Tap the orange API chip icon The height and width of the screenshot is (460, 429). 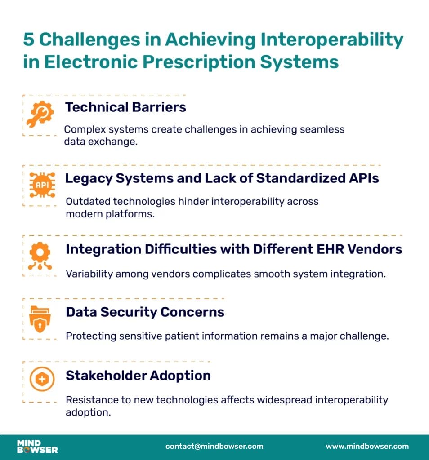(42, 185)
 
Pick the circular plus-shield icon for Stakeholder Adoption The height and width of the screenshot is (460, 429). (42, 380)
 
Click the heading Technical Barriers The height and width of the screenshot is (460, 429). (125, 107)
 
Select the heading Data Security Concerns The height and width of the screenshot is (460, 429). (145, 312)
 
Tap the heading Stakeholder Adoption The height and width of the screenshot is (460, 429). (138, 375)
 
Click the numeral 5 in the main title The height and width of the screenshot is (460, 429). (28, 40)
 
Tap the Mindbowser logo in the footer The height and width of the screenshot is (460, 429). (37, 446)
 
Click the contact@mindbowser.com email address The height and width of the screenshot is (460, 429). (214, 446)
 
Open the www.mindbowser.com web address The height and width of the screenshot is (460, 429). (367, 446)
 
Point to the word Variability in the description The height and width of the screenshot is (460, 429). (87, 273)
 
